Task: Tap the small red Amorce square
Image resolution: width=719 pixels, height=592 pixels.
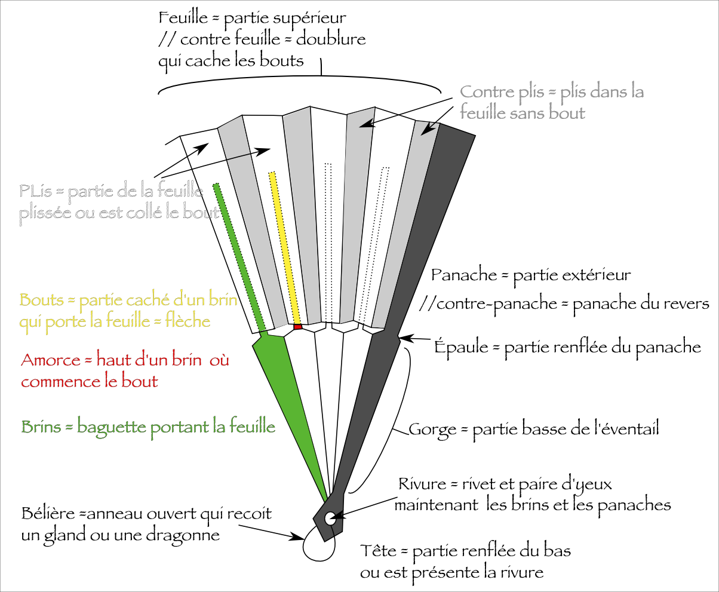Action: (x=298, y=327)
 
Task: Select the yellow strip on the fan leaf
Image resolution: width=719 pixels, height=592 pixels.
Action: (x=284, y=245)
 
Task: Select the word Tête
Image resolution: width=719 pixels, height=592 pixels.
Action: (x=378, y=550)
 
